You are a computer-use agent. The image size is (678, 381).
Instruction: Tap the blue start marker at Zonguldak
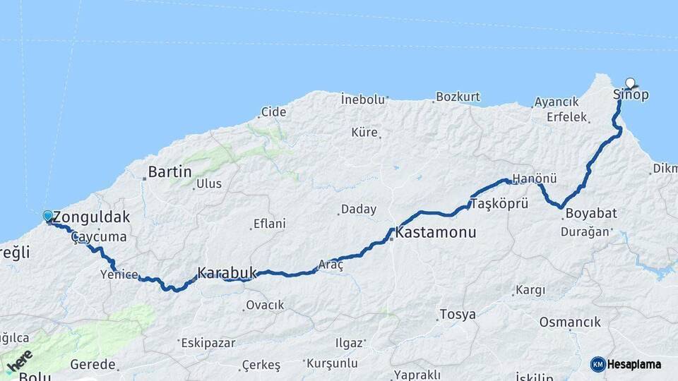(x=47, y=216)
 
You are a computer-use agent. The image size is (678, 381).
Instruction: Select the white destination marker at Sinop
(x=630, y=83)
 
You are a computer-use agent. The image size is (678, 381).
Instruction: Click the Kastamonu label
(x=435, y=232)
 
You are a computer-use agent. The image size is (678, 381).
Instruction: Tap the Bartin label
(x=170, y=171)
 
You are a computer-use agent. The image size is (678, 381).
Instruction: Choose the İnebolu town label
(x=363, y=99)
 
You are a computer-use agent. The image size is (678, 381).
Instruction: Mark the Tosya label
(x=458, y=315)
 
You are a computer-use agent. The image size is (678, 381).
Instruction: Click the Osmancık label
(x=570, y=322)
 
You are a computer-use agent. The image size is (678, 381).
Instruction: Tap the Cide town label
(x=273, y=111)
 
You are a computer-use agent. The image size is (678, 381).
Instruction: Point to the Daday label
(x=359, y=210)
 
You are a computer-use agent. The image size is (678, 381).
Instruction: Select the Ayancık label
(x=557, y=102)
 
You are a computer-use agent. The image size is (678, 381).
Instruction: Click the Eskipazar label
(x=208, y=344)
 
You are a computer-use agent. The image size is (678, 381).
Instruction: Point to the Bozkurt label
(x=458, y=97)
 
